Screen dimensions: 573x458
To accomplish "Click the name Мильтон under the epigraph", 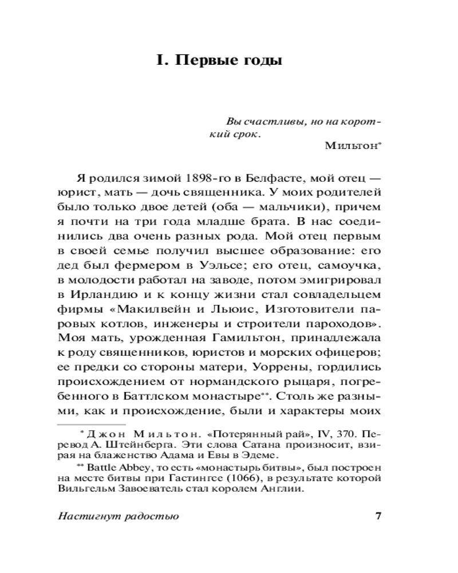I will coord(350,146).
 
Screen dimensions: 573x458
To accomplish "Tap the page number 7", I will coord(377,515).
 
